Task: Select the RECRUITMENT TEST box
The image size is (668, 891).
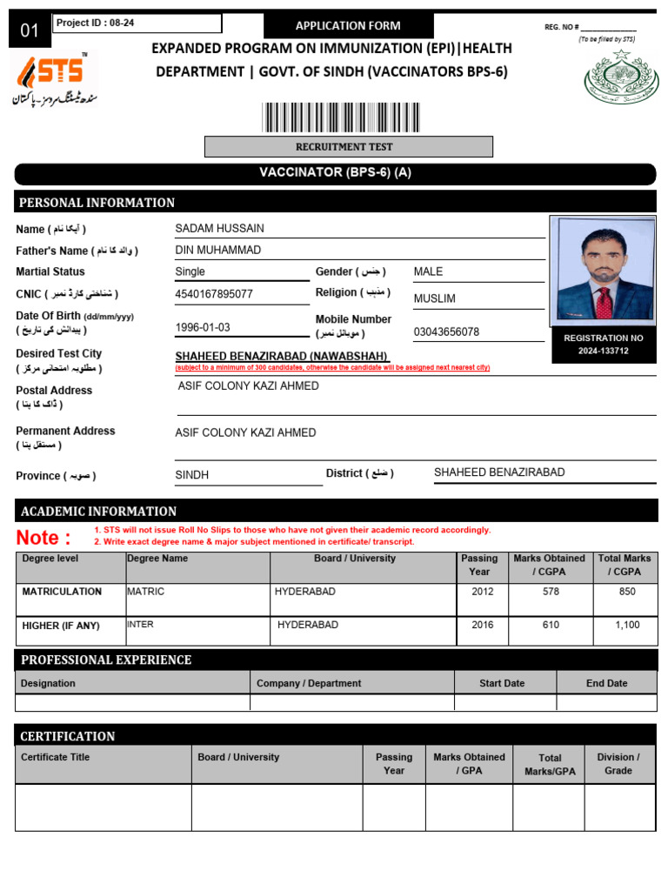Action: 348,147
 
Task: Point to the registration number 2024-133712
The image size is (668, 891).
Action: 604,351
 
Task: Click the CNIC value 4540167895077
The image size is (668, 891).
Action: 214,294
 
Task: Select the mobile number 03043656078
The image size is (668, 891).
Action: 446,332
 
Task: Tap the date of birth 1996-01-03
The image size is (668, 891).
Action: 203,328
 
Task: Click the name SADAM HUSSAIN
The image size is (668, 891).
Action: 220,229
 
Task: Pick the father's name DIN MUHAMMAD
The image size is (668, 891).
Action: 218,251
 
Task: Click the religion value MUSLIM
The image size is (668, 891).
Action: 435,298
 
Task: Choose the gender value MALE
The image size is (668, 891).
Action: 429,271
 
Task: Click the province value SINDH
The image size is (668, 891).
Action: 192,475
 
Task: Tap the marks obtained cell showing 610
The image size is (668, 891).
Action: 551,625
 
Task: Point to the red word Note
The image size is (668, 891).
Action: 43,538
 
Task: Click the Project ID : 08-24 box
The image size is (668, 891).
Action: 137,23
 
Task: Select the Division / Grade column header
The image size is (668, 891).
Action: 618,764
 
